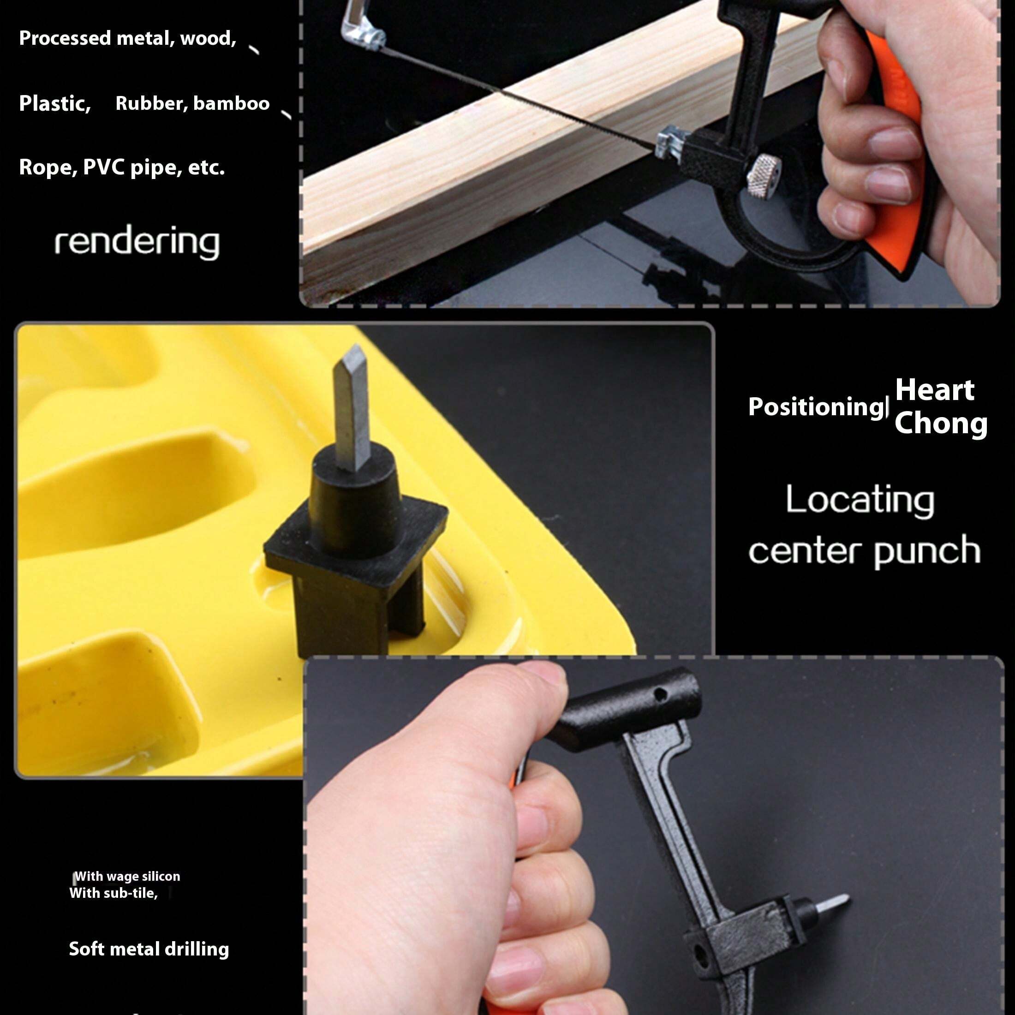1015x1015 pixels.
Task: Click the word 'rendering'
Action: pyautogui.click(x=137, y=242)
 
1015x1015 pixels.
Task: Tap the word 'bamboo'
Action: pyautogui.click(x=231, y=103)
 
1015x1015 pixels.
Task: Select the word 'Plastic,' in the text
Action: pyautogui.click(x=54, y=103)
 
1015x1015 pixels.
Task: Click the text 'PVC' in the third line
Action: pyautogui.click(x=103, y=167)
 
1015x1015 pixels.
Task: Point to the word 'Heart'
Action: pyautogui.click(x=935, y=390)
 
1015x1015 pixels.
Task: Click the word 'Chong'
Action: pyautogui.click(x=940, y=423)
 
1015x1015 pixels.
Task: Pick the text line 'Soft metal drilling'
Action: pyautogui.click(x=149, y=949)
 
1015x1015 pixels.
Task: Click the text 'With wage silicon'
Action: pyautogui.click(x=127, y=876)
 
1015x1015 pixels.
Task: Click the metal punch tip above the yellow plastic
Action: pyautogui.click(x=352, y=405)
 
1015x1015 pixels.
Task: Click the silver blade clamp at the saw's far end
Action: pyautogui.click(x=363, y=34)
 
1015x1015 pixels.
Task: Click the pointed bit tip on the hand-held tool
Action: pyautogui.click(x=836, y=902)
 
